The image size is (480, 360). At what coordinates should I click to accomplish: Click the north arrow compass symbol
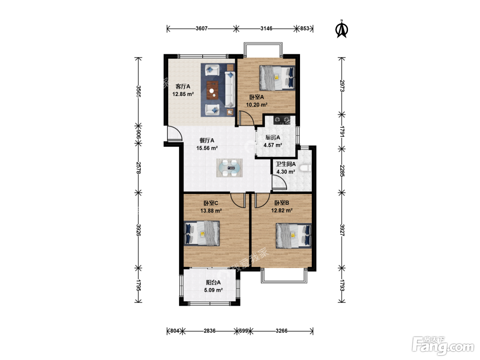pos(341,29)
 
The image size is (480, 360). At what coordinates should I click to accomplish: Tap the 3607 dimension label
pos(201,28)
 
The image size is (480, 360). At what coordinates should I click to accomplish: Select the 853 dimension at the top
pos(304,28)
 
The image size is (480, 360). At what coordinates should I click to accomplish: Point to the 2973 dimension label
pos(342,86)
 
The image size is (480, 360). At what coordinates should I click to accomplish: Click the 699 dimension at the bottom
pos(243,331)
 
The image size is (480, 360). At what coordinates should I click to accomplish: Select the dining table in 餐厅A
pos(229,168)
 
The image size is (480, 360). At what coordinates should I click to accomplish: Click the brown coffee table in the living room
pos(213,90)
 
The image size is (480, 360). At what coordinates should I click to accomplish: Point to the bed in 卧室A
pos(277,78)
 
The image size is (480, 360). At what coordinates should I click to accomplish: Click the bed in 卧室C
pos(202,233)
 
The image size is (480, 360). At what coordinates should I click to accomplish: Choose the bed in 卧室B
pos(294,236)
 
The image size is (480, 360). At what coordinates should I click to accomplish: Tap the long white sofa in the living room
pos(230,89)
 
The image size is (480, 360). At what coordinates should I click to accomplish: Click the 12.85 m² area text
pos(183,94)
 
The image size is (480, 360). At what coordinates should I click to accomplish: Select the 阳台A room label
pos(213,283)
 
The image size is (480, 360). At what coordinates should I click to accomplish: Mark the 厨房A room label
pos(273,137)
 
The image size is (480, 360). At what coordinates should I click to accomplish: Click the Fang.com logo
pos(443,345)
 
